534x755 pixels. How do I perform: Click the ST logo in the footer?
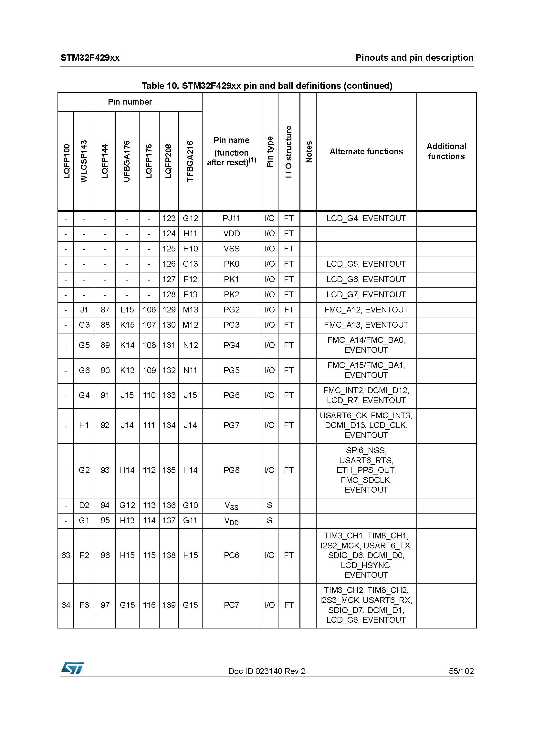click(72, 668)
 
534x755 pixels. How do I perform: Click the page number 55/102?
click(461, 671)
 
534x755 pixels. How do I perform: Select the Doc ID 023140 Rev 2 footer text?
click(267, 671)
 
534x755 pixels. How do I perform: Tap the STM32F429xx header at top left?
click(90, 58)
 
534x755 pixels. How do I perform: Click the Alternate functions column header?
click(366, 152)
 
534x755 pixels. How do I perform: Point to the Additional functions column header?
click(446, 151)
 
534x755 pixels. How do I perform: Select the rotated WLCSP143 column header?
click(84, 161)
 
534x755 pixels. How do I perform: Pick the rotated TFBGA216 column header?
click(190, 161)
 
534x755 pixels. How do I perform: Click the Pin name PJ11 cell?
click(231, 218)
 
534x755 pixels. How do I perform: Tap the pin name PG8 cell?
click(231, 470)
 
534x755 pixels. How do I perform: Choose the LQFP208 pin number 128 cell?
click(169, 294)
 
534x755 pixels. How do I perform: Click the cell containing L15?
click(127, 310)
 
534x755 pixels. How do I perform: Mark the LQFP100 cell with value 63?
click(66, 556)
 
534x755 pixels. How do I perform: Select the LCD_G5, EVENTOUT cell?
click(366, 264)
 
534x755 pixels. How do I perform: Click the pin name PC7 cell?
click(231, 605)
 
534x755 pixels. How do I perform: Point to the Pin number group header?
click(130, 102)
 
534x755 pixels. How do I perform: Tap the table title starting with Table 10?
click(267, 86)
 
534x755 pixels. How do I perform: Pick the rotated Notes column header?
click(308, 152)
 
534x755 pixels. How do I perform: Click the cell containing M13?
click(190, 310)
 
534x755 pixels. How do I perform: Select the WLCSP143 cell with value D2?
click(84, 505)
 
